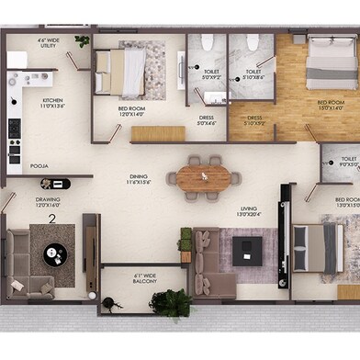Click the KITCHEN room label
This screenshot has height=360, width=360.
point(51,102)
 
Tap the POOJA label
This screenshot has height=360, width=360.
point(39,166)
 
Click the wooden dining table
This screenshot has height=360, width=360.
point(204,178)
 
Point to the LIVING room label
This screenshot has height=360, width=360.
point(249,211)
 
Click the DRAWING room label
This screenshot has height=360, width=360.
point(48,201)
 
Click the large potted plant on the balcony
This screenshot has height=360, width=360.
point(172,302)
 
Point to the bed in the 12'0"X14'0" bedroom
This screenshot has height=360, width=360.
point(121,71)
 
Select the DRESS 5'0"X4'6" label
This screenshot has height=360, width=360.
point(207,120)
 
